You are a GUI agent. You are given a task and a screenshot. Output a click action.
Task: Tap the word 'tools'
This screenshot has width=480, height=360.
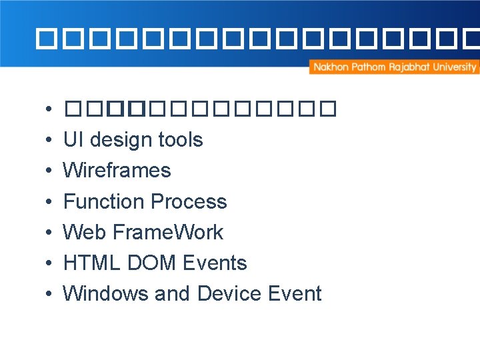[180, 140]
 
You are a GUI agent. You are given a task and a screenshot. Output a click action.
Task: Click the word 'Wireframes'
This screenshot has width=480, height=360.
[117, 171]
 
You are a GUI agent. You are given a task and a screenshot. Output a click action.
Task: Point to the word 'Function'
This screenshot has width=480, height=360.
[103, 201]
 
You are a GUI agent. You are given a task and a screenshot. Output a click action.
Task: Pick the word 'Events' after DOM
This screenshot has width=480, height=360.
[213, 263]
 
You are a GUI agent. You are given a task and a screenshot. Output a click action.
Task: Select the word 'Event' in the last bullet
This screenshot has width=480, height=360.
[294, 293]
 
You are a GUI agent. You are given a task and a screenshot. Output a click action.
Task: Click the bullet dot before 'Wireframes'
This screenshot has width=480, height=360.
[50, 171]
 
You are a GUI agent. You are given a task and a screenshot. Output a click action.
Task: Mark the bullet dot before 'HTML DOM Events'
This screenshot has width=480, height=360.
[50, 263]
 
